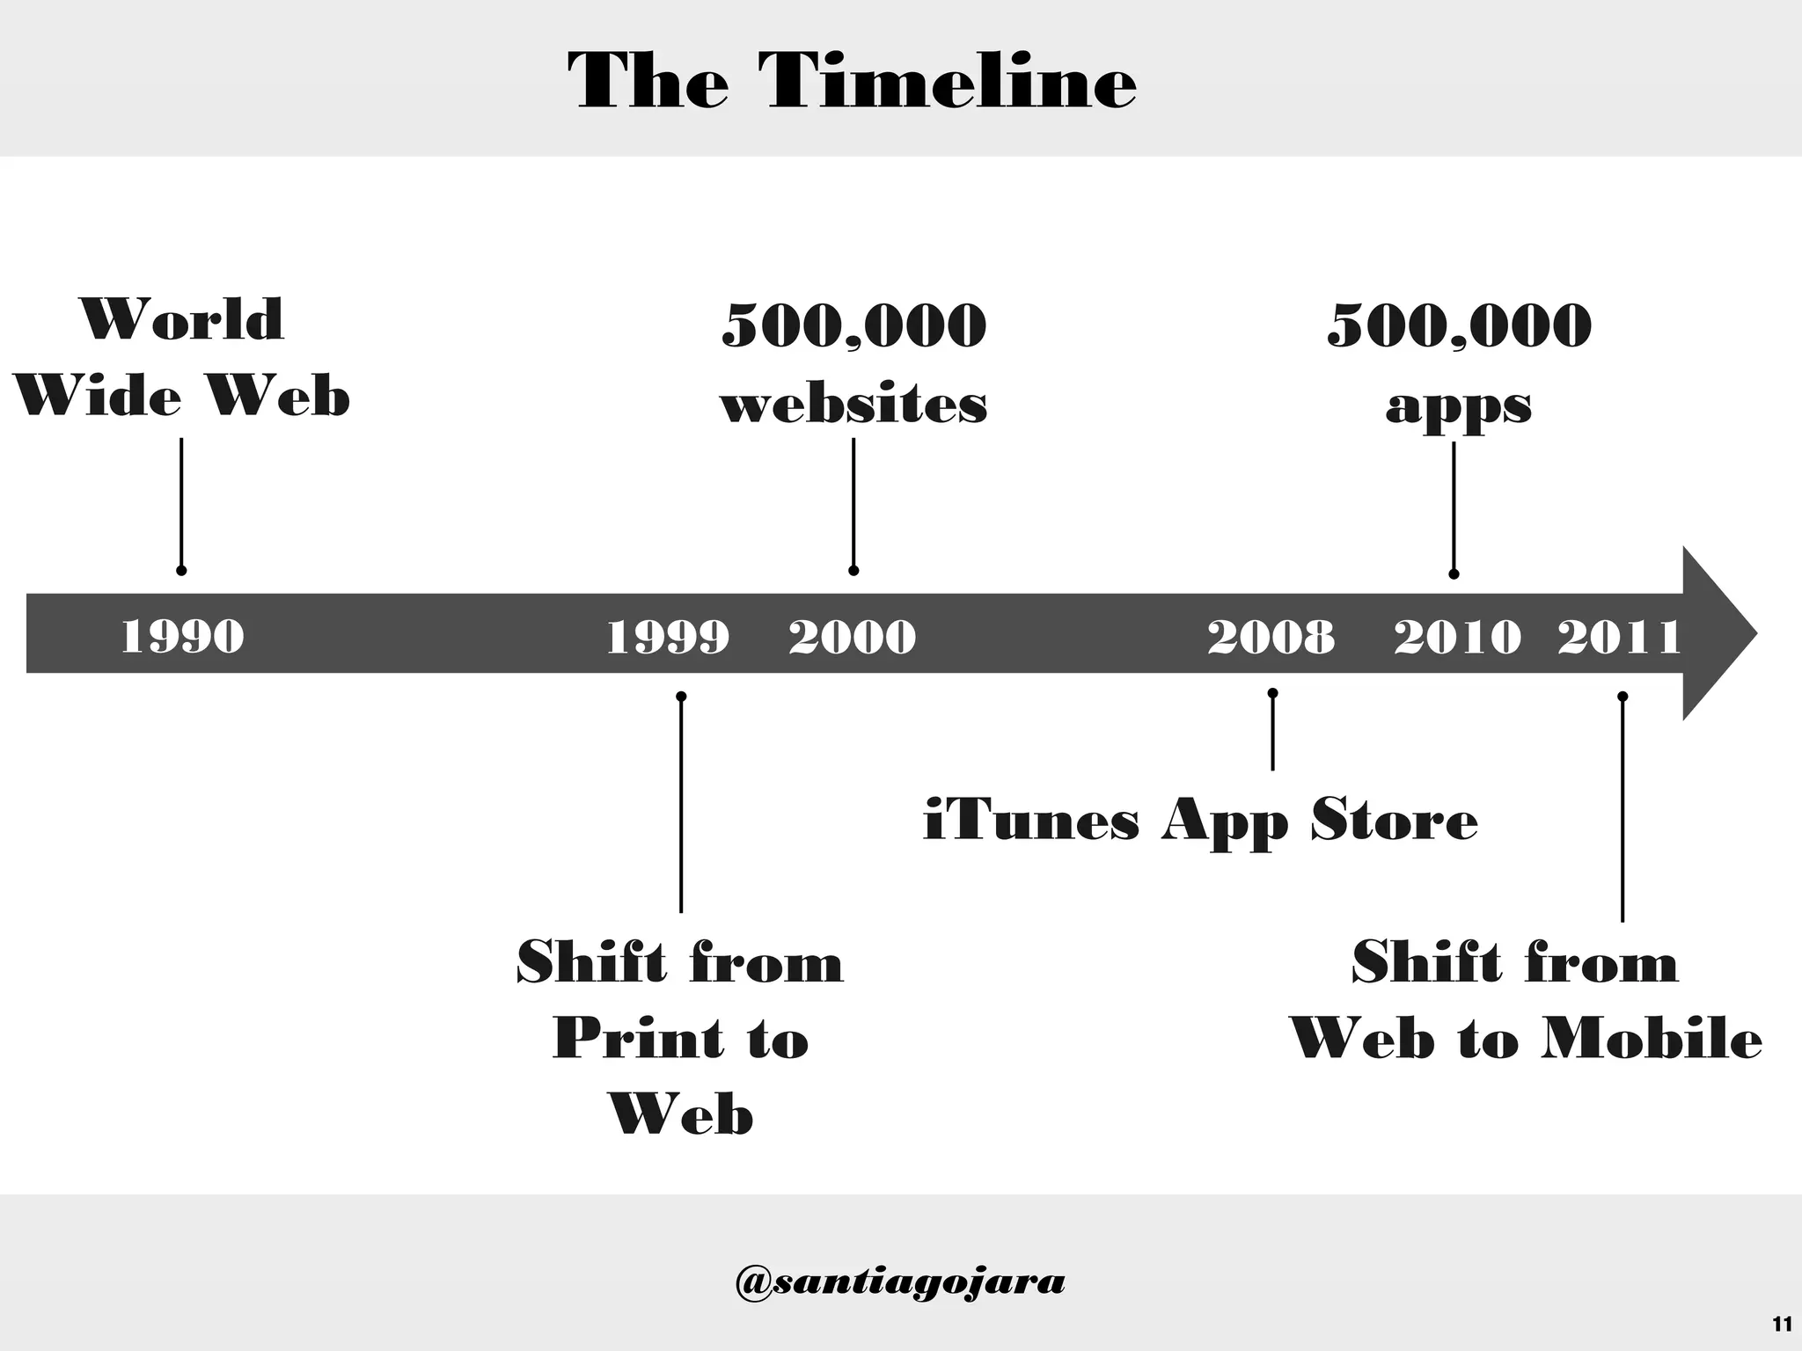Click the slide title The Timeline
[x=852, y=81]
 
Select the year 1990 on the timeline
[x=182, y=636]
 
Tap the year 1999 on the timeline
[x=668, y=636]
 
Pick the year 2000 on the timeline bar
[x=852, y=636]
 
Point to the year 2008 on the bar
[x=1271, y=636]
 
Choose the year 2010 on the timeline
[x=1457, y=636]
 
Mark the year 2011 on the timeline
[x=1619, y=636]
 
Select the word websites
[x=853, y=405]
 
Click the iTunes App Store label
[x=1200, y=821]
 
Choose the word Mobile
[x=1652, y=1039]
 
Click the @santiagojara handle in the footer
[x=899, y=1282]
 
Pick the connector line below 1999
[x=681, y=805]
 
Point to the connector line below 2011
[x=1623, y=809]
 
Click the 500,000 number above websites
[x=853, y=325]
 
